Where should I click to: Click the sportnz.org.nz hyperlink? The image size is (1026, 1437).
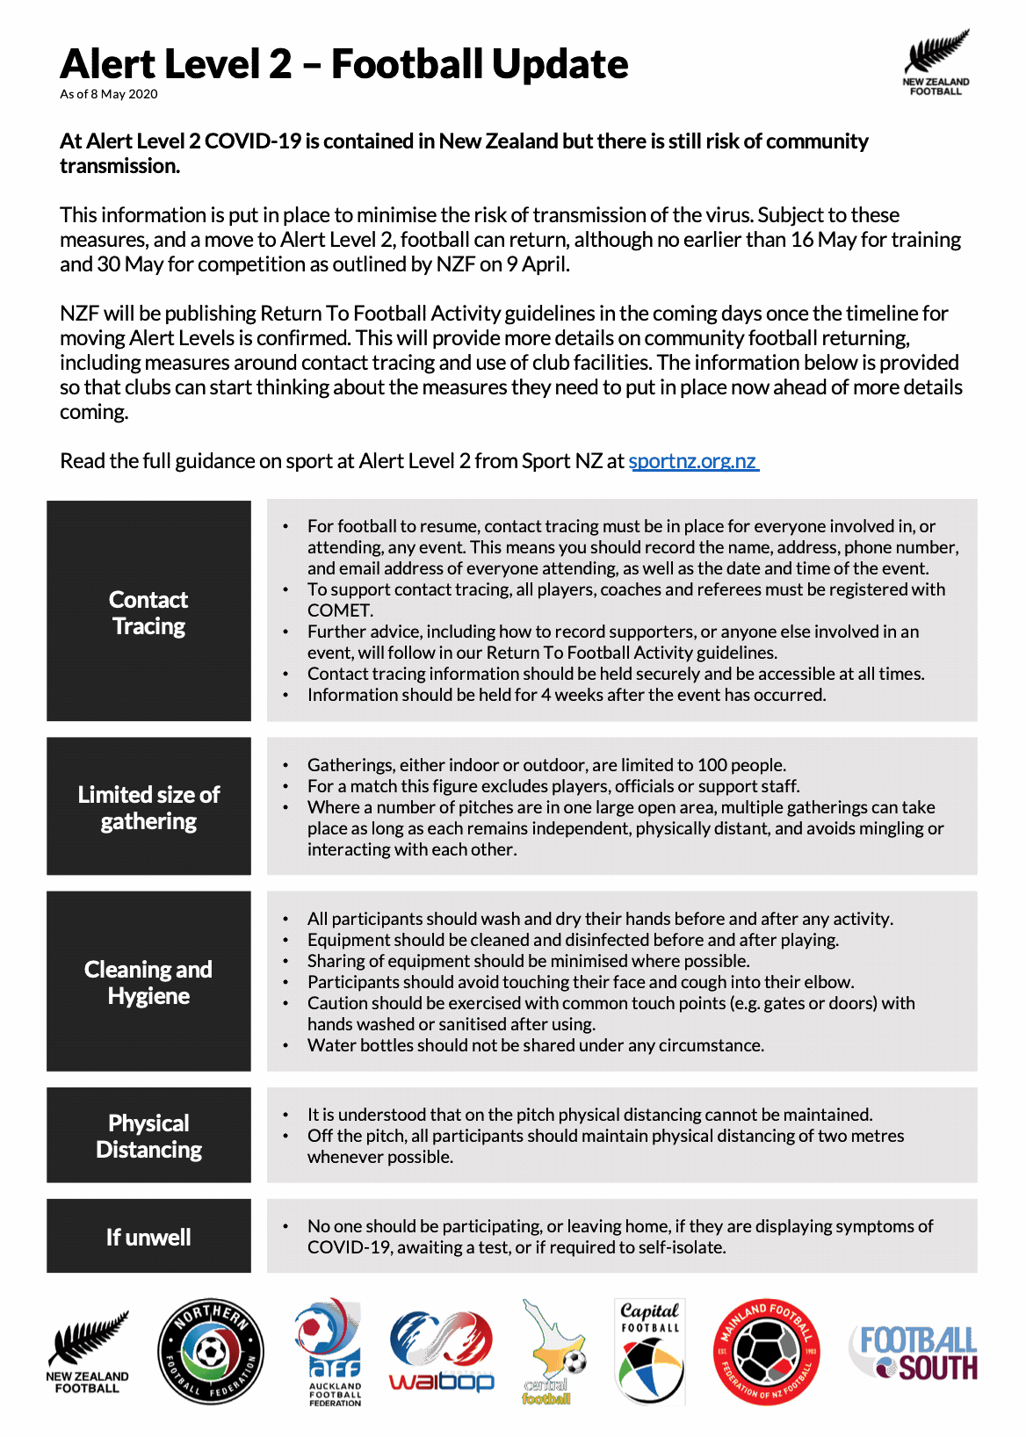click(x=693, y=461)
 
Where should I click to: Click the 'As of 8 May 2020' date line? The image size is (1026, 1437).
click(x=109, y=94)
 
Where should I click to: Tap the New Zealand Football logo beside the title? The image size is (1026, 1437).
click(x=936, y=62)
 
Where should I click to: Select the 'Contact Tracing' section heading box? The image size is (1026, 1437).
click(x=148, y=611)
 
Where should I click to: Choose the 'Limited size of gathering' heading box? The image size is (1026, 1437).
click(x=148, y=806)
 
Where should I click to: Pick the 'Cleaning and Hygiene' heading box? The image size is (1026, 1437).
click(x=148, y=981)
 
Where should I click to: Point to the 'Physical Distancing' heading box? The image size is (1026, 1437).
click(x=148, y=1135)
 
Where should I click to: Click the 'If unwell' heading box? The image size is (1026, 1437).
click(x=148, y=1236)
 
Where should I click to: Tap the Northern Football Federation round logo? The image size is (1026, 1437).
click(x=211, y=1351)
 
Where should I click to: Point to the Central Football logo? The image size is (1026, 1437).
click(x=553, y=1353)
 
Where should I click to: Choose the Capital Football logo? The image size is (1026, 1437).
click(x=650, y=1353)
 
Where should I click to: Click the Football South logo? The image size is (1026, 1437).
click(x=914, y=1353)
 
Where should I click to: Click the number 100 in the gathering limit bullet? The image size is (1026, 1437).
click(x=712, y=765)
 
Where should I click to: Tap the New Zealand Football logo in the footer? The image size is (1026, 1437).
click(x=88, y=1353)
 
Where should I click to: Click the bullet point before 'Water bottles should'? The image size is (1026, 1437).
click(x=285, y=1045)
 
